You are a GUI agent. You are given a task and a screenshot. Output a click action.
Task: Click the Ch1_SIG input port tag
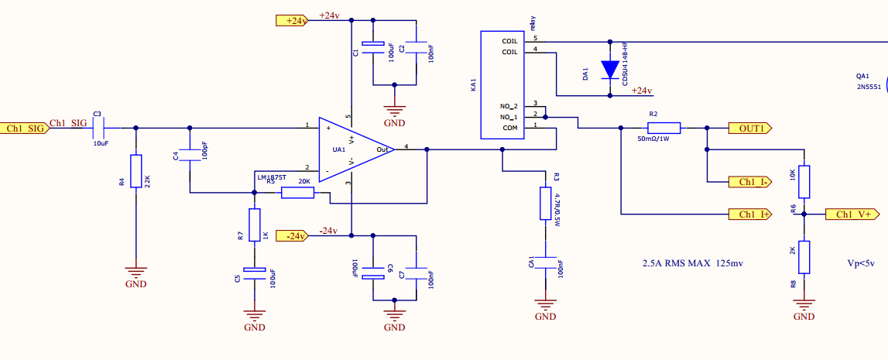pos(23,128)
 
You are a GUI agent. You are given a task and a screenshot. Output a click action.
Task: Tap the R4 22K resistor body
pos(136,171)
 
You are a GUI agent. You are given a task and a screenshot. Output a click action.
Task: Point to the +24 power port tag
pos(292,21)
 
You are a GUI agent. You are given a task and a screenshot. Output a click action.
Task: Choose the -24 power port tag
pos(292,235)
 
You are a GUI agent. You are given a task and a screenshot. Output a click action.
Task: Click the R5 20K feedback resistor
pos(297,192)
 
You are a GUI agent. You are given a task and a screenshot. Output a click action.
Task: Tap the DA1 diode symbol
pos(610,69)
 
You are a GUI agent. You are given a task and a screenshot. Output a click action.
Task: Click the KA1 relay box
pos(503,85)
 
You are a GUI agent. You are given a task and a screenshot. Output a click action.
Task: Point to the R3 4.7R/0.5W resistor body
pos(546,202)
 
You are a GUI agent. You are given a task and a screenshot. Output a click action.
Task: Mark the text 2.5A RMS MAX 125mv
pos(693,263)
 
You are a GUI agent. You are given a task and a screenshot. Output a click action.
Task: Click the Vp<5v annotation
pos(861,263)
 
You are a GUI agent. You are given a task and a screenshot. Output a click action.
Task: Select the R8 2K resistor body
pos(804,257)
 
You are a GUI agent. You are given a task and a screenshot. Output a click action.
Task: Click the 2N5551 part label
pos(869,88)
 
